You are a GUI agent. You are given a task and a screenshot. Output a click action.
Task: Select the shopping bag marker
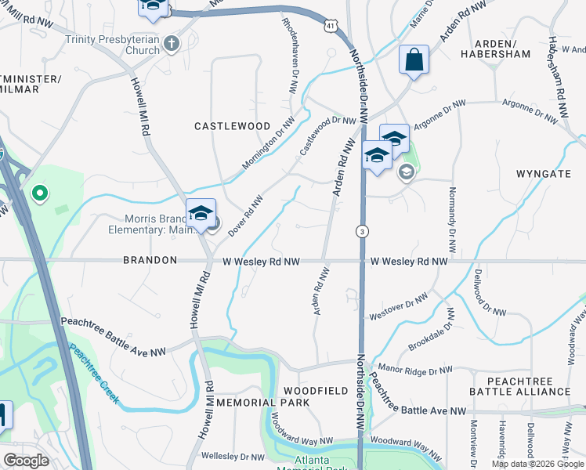[x=413, y=60]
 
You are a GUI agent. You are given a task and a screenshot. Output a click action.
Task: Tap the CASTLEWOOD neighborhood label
[x=232, y=126]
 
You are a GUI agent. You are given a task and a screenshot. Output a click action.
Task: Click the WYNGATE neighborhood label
[x=544, y=173]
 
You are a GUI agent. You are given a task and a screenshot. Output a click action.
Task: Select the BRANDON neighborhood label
[x=150, y=260]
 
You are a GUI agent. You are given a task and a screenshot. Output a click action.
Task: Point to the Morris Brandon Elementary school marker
[x=201, y=213]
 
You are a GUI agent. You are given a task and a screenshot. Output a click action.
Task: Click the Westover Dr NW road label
[x=399, y=307]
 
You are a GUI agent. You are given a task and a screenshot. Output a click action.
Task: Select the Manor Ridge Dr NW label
[x=414, y=369]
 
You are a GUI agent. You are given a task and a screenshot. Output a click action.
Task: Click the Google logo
[x=26, y=461]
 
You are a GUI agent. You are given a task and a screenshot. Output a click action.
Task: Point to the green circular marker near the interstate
[x=38, y=191]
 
